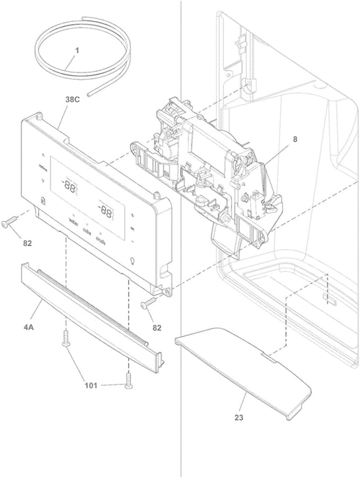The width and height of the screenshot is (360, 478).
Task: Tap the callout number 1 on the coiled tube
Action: tap(77, 51)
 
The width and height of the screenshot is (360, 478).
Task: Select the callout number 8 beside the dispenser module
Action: tap(295, 139)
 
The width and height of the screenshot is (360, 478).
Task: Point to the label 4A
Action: tap(28, 327)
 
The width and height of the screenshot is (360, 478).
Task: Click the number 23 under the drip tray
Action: tap(239, 418)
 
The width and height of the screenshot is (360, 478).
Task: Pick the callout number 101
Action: tap(91, 385)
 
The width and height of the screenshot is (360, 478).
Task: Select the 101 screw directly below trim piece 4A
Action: tap(66, 339)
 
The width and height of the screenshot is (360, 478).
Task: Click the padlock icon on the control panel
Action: tap(42, 201)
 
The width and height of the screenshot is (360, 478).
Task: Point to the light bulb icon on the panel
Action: tap(132, 260)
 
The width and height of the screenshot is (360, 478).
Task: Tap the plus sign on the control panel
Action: tap(132, 215)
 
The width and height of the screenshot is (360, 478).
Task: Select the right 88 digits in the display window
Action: tap(106, 212)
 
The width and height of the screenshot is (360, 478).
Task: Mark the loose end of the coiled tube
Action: tap(89, 94)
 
